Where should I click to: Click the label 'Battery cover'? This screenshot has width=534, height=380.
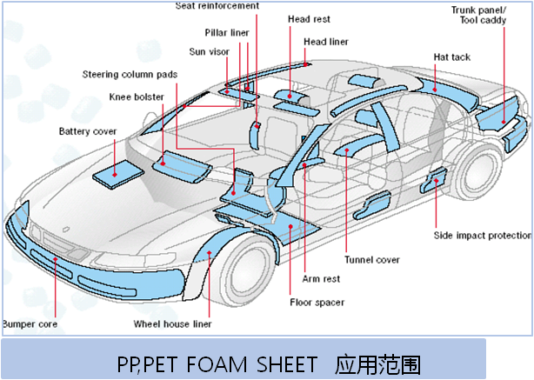pos(87,131)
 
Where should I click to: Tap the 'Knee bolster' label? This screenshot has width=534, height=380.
pos(137,97)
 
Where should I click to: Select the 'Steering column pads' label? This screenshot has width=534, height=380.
pos(130,74)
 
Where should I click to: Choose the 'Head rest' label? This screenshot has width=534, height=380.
pos(307,18)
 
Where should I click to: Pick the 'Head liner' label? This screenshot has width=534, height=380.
pos(326,41)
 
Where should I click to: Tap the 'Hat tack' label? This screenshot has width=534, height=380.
pos(451,57)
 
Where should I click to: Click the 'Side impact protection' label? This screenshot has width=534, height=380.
pos(484,235)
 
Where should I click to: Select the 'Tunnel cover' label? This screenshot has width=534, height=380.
pos(371,259)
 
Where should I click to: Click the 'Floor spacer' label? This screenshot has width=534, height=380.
pos(317,303)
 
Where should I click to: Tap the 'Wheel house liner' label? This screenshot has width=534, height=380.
pos(172,324)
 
